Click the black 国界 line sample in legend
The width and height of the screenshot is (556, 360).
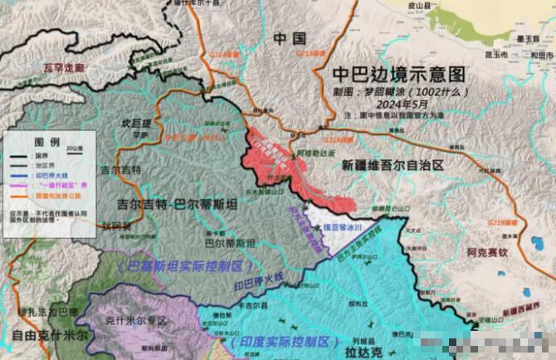[x=17, y=155]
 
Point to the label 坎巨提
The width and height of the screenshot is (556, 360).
[x=137, y=123]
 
